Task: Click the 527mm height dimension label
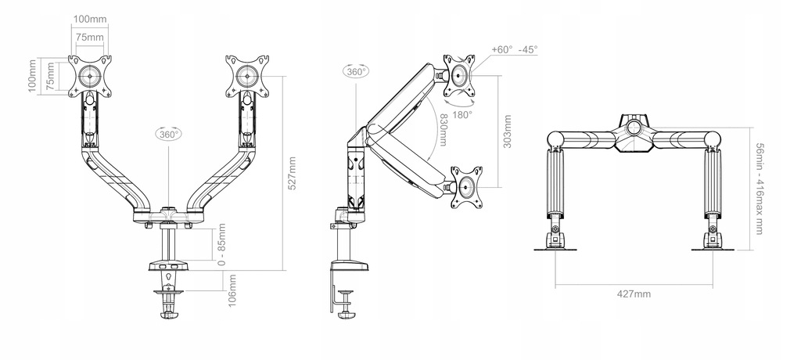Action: click(x=292, y=173)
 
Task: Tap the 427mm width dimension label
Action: click(x=634, y=293)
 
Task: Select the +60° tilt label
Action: click(x=502, y=49)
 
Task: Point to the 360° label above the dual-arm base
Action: click(x=167, y=134)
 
